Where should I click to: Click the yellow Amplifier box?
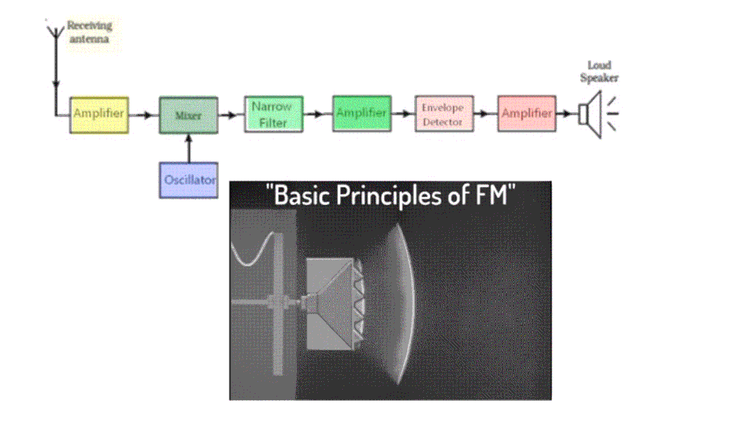point(99,115)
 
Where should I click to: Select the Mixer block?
point(188,115)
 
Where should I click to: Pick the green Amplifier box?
point(360,113)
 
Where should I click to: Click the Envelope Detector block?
point(444,114)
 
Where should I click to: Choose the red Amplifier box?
point(527,113)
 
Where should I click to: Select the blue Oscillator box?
point(188,180)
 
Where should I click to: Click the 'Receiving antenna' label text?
point(89,32)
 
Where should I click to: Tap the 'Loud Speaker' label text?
point(599,71)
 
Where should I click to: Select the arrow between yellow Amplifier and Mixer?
point(143,114)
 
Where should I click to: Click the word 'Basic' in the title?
point(303,196)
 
